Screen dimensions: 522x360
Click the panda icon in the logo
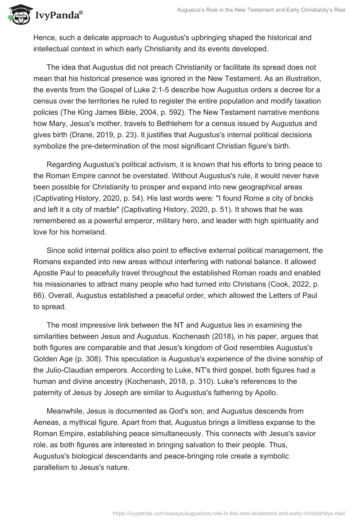pos(18,14)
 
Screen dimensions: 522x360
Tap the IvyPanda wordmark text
pos(58,14)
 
